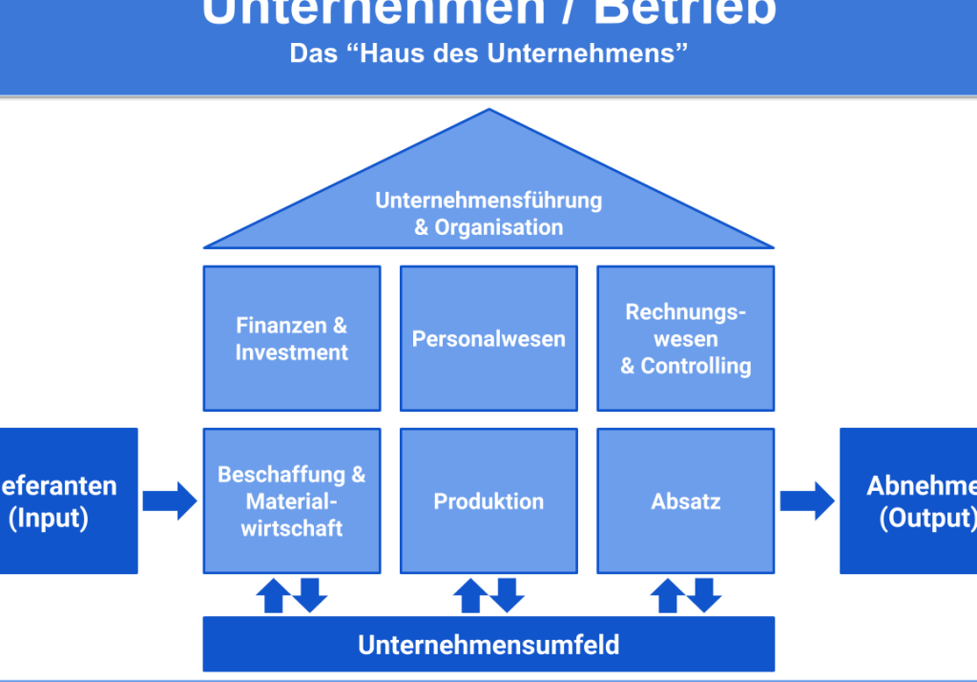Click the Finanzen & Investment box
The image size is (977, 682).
[x=292, y=339]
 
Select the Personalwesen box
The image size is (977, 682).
[x=488, y=339]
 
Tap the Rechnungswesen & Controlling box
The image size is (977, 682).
[x=686, y=339]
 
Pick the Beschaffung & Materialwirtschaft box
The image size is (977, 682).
[x=292, y=501]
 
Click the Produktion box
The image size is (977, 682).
[x=488, y=501]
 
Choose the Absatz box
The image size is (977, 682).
[x=686, y=501]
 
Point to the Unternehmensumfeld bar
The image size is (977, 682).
[x=488, y=645]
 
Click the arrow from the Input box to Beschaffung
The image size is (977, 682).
[x=170, y=501]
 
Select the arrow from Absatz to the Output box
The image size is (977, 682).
[x=807, y=501]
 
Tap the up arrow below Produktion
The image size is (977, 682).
[x=468, y=596]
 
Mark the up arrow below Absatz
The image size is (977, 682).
[x=666, y=596]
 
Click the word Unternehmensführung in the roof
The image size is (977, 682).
[x=488, y=201]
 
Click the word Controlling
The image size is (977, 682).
[x=696, y=366]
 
